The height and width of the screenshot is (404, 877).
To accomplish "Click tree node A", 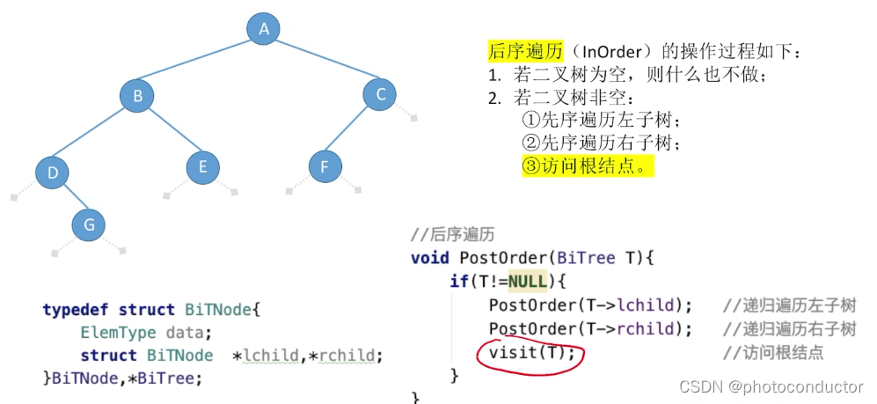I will click(263, 29).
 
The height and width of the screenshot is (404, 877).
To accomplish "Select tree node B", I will click(137, 95).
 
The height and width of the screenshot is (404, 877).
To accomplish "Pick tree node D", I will click(53, 173).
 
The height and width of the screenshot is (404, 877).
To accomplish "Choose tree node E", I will click(203, 166).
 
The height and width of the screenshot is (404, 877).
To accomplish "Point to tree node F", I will click(325, 166).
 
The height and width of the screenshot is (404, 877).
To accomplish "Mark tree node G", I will click(89, 225).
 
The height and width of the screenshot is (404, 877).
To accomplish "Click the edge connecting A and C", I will click(322, 62).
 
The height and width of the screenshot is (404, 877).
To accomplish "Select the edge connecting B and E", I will click(171, 131).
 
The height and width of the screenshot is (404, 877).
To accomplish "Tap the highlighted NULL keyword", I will click(526, 282).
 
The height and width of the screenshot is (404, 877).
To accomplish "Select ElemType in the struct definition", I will click(118, 333).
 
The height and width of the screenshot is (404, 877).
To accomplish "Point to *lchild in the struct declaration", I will click(264, 356).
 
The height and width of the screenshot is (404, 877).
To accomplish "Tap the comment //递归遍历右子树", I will click(789, 329).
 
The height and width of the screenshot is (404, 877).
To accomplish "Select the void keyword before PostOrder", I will click(430, 258).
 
